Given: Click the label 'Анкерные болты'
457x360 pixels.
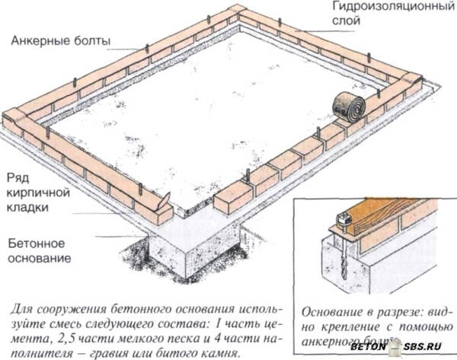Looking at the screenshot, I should pos(60,40).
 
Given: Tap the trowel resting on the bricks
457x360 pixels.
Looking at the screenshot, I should pos(161,201).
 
